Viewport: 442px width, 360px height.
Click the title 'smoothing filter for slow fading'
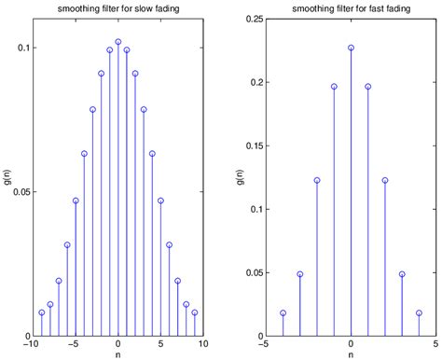(x=117, y=8)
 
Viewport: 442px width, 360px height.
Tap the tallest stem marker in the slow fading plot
(x=117, y=42)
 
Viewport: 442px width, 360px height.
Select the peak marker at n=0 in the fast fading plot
(x=351, y=48)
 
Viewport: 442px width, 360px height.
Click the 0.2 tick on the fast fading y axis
(x=256, y=82)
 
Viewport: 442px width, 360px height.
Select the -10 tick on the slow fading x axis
(x=34, y=344)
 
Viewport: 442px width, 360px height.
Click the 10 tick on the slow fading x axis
(x=202, y=344)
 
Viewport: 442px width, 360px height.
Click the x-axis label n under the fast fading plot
(x=351, y=354)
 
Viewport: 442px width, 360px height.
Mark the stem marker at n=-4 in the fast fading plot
(x=283, y=313)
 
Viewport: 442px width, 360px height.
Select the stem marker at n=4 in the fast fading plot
(x=419, y=313)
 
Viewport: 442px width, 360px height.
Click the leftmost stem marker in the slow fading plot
(x=41, y=312)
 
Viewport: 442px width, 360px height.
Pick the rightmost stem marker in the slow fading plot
(x=194, y=312)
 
